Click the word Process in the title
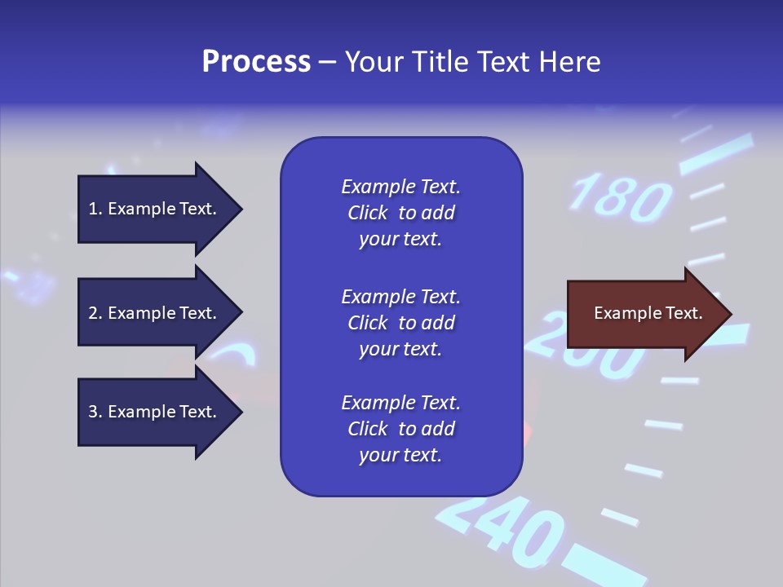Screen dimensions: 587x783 (x=256, y=62)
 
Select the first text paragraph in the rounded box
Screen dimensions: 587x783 (x=400, y=213)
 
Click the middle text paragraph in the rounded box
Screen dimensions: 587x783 (x=400, y=323)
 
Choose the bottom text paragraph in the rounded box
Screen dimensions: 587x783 (x=400, y=429)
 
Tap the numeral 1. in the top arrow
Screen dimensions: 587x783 (x=95, y=210)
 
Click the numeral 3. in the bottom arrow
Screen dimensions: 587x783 (x=95, y=413)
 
